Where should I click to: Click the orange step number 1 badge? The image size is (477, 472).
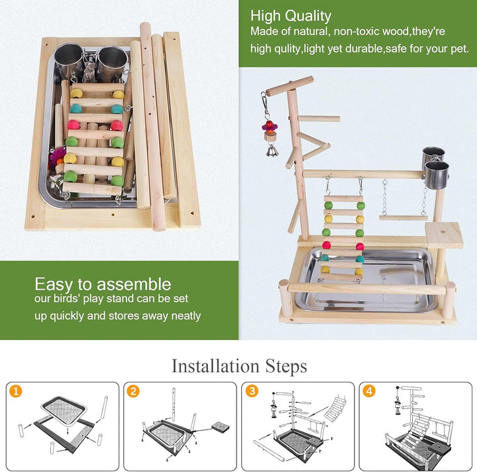click(x=15, y=391)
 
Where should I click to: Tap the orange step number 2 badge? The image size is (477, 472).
click(x=133, y=391)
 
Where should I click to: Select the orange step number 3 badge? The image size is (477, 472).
click(x=252, y=391)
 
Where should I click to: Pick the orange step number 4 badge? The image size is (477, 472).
click(x=369, y=391)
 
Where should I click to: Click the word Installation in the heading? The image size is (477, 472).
click(x=215, y=366)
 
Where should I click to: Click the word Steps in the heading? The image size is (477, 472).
click(x=286, y=366)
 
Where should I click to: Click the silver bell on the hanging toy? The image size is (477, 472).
click(x=272, y=151)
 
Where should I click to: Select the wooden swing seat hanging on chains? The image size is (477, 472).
click(x=403, y=217)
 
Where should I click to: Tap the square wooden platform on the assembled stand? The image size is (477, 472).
click(x=444, y=235)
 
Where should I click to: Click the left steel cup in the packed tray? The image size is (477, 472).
click(x=69, y=61)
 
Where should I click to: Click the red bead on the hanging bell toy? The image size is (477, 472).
click(x=269, y=125)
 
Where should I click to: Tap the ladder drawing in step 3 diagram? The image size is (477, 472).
click(x=335, y=408)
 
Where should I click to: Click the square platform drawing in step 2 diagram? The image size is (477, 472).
click(x=221, y=427)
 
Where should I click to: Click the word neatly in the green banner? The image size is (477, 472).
click(x=186, y=316)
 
